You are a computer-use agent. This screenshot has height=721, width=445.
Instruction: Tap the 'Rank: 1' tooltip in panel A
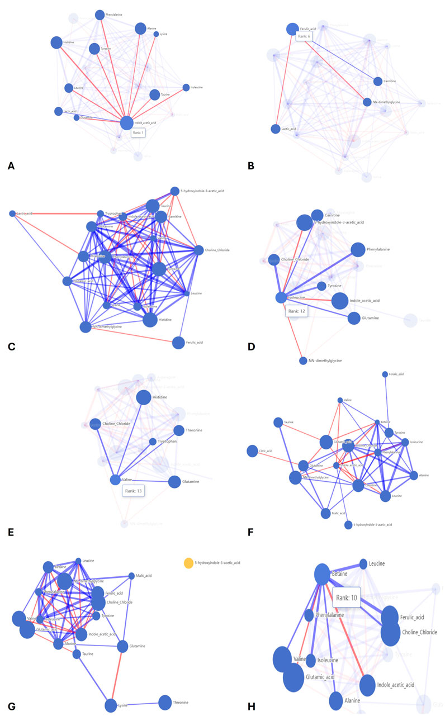coord(138,133)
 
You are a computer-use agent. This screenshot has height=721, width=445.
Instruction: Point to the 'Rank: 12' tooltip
coord(297,310)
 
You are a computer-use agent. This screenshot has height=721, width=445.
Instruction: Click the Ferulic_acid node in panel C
coord(178,343)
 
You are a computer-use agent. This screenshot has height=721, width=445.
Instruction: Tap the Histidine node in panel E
coord(144,397)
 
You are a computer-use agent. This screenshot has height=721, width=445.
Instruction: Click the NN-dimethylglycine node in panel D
coord(303,360)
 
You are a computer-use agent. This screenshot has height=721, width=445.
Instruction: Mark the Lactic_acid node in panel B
coord(275,129)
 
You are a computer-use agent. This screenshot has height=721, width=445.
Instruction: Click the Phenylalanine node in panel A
coord(100,15)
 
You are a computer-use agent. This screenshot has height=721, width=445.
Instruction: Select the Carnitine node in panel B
coord(378,82)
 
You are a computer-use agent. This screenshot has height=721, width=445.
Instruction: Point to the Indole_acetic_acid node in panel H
coord(367,684)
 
